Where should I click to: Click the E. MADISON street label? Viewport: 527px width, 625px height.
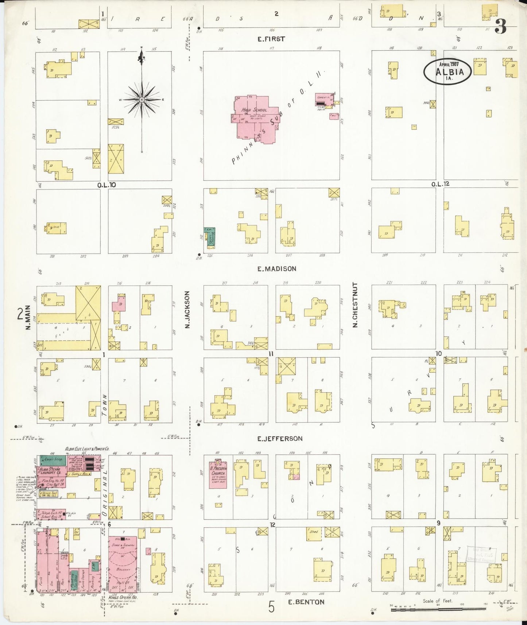pos(276,269)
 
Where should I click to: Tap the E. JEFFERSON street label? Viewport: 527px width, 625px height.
pos(280,439)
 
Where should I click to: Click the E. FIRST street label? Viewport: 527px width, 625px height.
pos(271,39)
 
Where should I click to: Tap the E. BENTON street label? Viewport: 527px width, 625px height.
pos(306,602)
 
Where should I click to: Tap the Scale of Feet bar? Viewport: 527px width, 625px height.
pos(438,606)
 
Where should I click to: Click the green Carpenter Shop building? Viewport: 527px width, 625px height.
pos(53,460)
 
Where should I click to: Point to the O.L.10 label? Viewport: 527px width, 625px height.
pos(106,185)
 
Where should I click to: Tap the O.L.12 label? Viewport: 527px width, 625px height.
pos(440,184)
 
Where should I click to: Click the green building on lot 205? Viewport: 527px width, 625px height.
pos(210,237)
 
